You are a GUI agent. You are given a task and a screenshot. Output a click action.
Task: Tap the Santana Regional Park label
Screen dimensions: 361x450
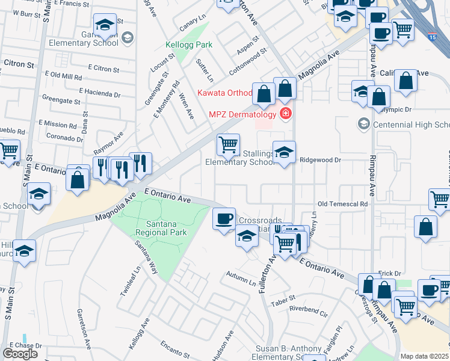point(161,227)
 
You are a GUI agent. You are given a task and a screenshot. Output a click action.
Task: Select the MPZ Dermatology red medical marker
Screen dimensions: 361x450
point(286,114)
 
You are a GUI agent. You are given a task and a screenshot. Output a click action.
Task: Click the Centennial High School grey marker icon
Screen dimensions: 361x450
point(363,125)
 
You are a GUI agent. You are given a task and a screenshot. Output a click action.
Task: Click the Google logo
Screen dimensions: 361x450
point(20,353)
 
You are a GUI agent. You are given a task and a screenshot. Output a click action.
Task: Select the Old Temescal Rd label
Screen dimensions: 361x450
point(342,204)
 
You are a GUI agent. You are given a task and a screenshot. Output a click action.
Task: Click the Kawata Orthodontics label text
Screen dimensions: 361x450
point(224,93)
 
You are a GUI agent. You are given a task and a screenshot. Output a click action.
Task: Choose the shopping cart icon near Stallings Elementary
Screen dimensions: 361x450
point(228,144)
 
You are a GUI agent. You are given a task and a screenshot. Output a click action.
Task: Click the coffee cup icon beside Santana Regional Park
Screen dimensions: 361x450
point(224,218)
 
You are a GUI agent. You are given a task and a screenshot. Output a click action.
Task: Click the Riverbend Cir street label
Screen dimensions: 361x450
point(308,313)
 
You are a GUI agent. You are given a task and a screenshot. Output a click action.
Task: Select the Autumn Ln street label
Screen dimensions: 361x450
point(241,276)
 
